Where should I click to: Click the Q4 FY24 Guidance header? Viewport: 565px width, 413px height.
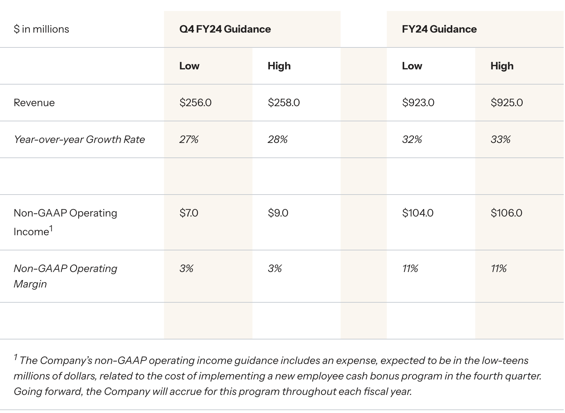[x=225, y=29]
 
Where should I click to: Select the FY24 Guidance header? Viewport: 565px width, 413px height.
[x=439, y=29]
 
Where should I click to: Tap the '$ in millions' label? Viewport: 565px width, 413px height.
[x=41, y=29]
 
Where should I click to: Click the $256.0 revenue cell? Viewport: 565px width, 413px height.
[x=195, y=103]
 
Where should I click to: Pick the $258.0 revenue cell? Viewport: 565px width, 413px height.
[x=283, y=103]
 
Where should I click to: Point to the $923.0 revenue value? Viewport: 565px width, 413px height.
[x=418, y=103]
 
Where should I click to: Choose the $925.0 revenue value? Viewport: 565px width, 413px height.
[x=507, y=103]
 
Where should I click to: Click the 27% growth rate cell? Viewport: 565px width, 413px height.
[x=189, y=139]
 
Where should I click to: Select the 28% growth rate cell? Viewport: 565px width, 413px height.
[x=277, y=139]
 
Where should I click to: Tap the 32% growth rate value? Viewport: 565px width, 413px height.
[x=412, y=139]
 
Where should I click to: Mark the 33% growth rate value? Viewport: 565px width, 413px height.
[x=500, y=139]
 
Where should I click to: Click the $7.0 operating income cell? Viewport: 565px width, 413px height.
[x=189, y=213]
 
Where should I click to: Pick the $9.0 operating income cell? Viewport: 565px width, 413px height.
[x=278, y=213]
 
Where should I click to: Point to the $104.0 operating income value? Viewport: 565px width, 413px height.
[x=417, y=213]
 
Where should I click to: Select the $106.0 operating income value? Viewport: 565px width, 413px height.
[x=506, y=213]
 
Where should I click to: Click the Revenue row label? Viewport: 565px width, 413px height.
[x=34, y=103]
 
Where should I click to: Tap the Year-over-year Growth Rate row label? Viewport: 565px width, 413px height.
[x=79, y=139]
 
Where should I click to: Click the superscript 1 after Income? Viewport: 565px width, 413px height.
[x=51, y=228]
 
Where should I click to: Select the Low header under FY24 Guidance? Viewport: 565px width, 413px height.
[x=412, y=66]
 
